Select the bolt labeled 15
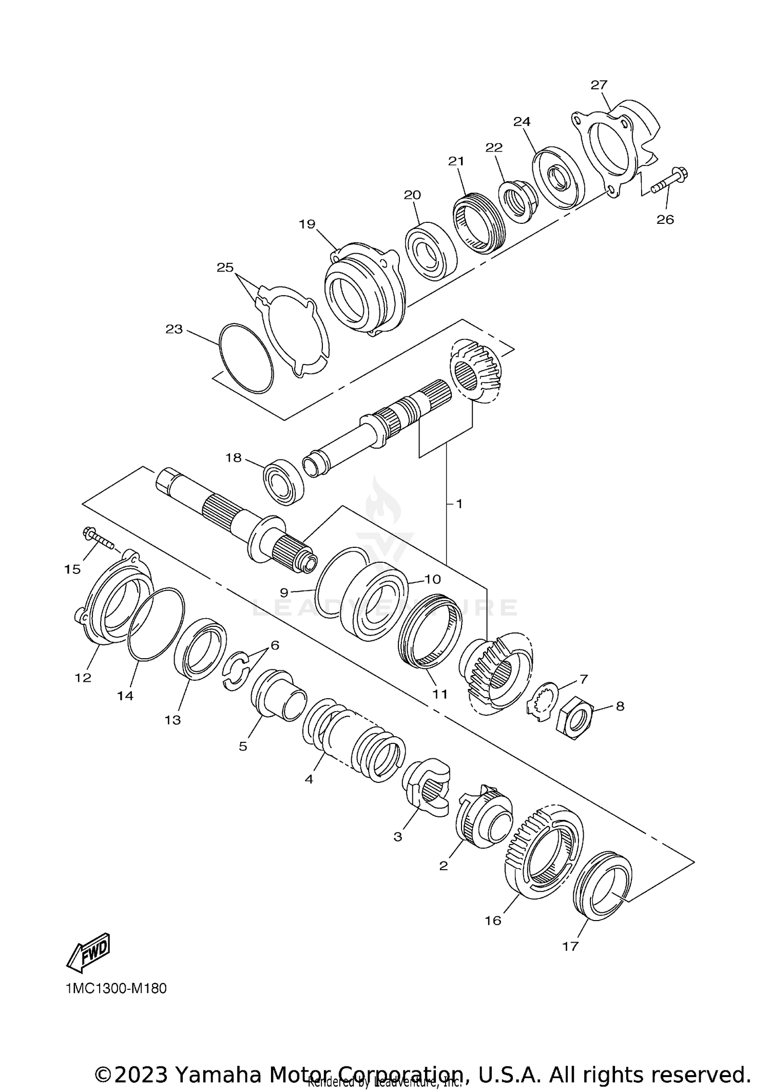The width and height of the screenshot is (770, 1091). pyautogui.click(x=98, y=538)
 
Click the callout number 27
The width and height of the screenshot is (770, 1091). pyautogui.click(x=599, y=85)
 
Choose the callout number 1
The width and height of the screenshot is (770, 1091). pyautogui.click(x=459, y=504)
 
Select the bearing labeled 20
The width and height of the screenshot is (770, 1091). pyautogui.click(x=430, y=251)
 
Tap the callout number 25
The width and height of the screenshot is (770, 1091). pyautogui.click(x=225, y=267)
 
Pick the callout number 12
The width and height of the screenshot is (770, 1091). pyautogui.click(x=83, y=677)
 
